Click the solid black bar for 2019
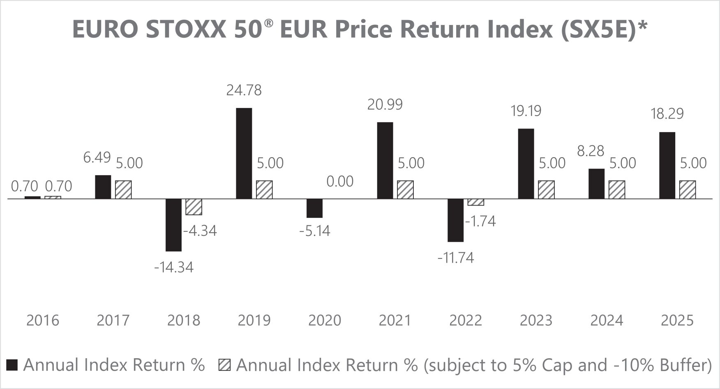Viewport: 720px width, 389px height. [x=244, y=153]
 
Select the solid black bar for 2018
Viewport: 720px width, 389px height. [x=173, y=225]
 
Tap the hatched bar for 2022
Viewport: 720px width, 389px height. [x=475, y=202]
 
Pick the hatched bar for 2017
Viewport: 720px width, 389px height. [x=123, y=190]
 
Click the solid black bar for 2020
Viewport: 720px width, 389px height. [x=315, y=208]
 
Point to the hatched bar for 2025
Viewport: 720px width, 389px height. [x=688, y=190]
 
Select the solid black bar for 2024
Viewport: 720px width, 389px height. [x=596, y=184]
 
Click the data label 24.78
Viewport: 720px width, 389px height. [x=244, y=90]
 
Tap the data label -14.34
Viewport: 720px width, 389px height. [x=173, y=268]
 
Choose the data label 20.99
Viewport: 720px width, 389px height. [x=385, y=105]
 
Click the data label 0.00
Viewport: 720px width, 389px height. [x=340, y=181]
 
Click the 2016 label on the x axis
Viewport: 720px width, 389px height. [x=43, y=320]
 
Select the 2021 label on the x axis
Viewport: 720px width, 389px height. [x=395, y=320]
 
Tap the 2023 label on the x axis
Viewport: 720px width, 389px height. [x=536, y=320]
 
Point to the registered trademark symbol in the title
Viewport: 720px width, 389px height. [x=268, y=23]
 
